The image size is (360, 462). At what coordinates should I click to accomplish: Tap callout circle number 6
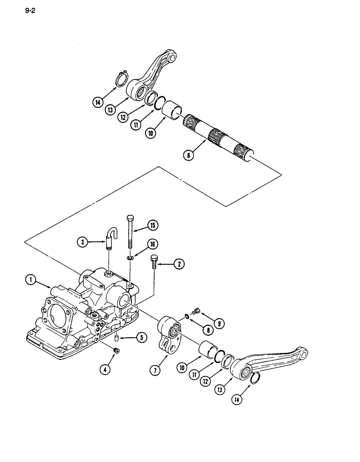pos(188,156)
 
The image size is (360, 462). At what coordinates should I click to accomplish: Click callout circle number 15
pos(153,225)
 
